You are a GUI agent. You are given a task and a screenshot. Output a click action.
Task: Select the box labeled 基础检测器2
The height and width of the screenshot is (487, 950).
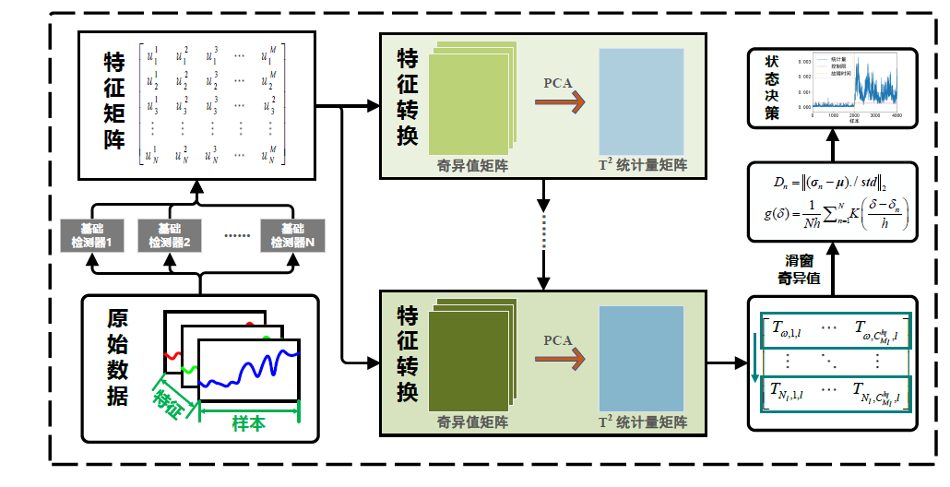click(170, 235)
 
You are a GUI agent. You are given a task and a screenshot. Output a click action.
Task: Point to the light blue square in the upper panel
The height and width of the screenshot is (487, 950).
click(642, 101)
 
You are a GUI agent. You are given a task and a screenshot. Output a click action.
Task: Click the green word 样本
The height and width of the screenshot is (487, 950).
click(249, 422)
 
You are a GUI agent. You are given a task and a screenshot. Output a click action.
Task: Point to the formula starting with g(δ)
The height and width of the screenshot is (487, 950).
click(834, 213)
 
